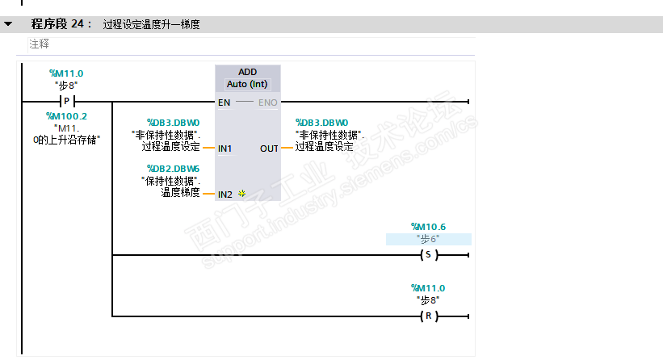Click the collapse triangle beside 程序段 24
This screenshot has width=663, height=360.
click(8, 24)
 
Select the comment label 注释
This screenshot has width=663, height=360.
click(39, 44)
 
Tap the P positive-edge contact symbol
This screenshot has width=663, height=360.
click(66, 103)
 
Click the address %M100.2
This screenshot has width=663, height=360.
click(66, 116)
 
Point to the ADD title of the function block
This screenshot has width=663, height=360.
click(247, 72)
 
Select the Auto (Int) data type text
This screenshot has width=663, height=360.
click(247, 84)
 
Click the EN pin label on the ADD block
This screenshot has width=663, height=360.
click(224, 103)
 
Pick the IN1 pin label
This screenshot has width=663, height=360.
click(224, 149)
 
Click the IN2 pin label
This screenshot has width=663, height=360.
click(224, 195)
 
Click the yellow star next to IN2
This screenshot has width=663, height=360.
click(241, 195)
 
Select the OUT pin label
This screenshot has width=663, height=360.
click(269, 149)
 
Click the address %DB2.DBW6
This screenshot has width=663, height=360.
click(173, 168)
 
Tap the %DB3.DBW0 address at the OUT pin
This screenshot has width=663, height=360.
click(321, 122)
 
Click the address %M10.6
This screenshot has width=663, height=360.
click(428, 227)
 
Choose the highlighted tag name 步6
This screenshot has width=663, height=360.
click(428, 239)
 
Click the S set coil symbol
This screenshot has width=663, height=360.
click(428, 255)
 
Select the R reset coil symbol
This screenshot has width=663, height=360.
click(428, 316)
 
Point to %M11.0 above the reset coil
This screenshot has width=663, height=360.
click(428, 288)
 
